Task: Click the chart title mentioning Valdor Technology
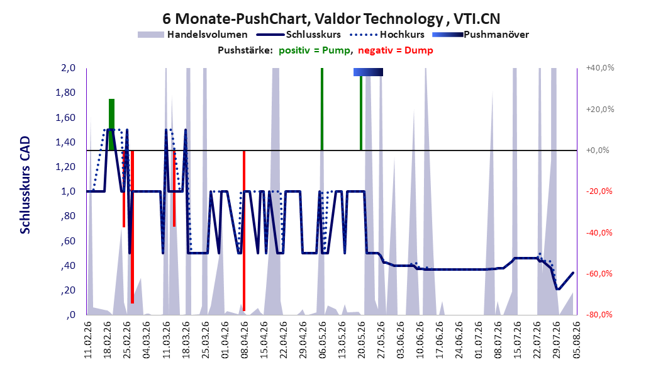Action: point(331,19)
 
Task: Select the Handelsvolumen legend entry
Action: point(193,35)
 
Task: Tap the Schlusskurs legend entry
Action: point(299,35)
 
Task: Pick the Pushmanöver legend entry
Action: point(481,35)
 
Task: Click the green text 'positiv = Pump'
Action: point(314,50)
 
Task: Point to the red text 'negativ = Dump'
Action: point(396,50)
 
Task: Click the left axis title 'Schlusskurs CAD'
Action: point(25,185)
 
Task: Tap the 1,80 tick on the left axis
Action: point(65,93)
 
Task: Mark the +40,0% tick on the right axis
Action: point(600,68)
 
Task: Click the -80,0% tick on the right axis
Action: point(599,314)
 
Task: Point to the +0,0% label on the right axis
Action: point(598,150)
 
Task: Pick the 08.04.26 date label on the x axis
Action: point(245,339)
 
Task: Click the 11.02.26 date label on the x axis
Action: point(88,339)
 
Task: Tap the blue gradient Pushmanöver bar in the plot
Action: point(368,72)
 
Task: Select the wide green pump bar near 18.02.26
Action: point(111,125)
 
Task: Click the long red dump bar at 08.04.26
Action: point(244,230)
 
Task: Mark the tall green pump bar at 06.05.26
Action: point(322,109)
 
